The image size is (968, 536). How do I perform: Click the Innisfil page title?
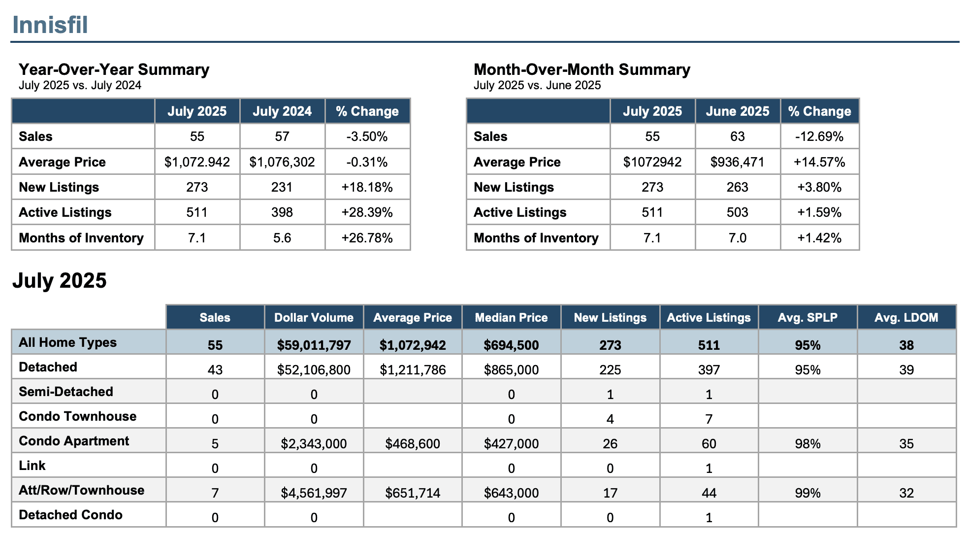tap(50, 25)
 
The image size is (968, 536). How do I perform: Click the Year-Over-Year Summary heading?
tap(114, 69)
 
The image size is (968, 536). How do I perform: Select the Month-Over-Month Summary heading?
tap(581, 69)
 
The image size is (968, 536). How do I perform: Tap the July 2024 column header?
tap(282, 111)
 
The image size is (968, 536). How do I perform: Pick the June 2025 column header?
tap(738, 111)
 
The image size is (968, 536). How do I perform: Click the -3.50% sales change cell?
tap(367, 136)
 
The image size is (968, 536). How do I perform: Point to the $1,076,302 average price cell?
tap(282, 162)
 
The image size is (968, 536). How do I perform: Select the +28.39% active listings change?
tap(367, 212)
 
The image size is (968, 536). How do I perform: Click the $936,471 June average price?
tap(738, 162)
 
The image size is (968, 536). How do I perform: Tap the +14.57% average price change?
tap(820, 162)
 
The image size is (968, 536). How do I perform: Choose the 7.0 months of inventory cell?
tap(738, 238)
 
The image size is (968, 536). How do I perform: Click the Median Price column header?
tap(511, 318)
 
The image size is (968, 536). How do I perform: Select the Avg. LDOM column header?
tap(906, 318)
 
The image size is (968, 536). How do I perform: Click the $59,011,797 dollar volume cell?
tap(314, 345)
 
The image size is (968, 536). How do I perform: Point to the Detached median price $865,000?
tap(511, 369)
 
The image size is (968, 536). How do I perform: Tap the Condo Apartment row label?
tap(74, 441)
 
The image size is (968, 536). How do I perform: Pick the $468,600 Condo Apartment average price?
tap(413, 443)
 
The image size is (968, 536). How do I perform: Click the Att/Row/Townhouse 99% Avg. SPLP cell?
tap(807, 493)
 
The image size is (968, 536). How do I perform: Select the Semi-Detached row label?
tap(66, 392)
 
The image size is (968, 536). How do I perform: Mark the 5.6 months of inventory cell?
tap(282, 238)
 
